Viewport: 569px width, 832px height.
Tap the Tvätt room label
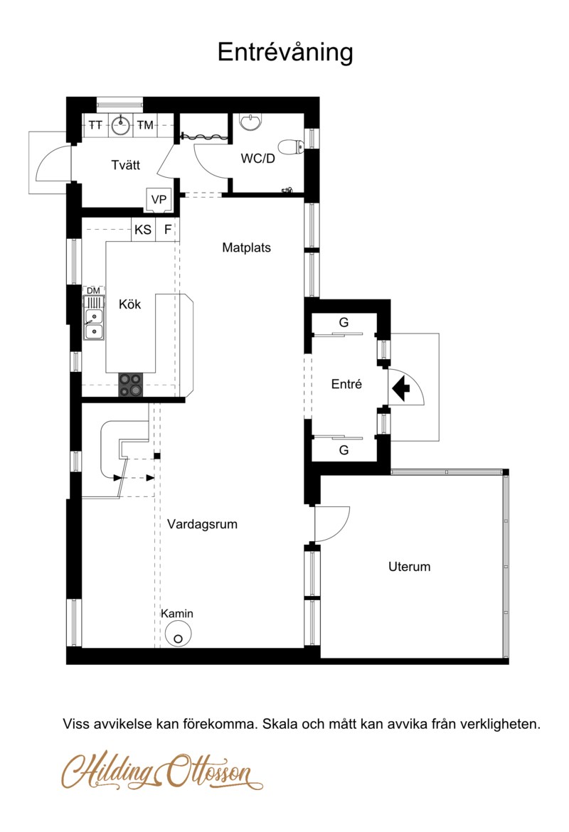pos(126,165)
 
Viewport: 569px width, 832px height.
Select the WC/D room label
pos(258,158)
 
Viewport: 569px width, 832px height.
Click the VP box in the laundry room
pos(159,200)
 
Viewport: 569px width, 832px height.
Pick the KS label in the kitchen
pos(143,230)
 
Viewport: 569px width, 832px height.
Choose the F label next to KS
pos(168,230)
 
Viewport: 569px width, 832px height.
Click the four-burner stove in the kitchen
pos(131,385)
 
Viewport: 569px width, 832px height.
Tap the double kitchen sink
pos(94,324)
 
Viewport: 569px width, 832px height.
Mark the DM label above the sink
pos(93,291)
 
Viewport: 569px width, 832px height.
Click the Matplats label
pos(246,247)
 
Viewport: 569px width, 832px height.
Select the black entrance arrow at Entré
pos(400,388)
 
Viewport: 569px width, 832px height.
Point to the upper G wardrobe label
pos(344,322)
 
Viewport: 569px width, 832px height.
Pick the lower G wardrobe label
pos(344,450)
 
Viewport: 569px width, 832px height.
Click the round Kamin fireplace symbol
pos(177,634)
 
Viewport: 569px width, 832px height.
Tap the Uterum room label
pos(409,567)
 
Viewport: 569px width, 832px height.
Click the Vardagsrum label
pos(202,524)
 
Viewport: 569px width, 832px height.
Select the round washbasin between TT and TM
pos(121,126)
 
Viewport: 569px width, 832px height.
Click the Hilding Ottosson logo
pos(162,771)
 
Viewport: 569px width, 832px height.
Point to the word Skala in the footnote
pos(280,724)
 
